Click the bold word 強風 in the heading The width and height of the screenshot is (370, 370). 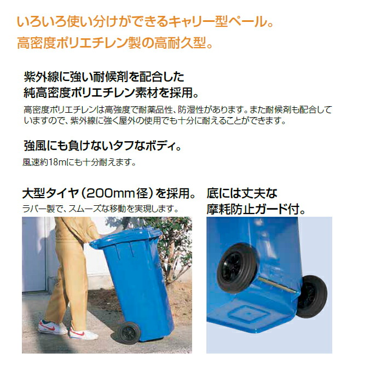[x=36, y=146]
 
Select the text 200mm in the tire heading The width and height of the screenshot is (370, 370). [x=111, y=193]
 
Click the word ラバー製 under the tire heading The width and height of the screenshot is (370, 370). [x=39, y=209]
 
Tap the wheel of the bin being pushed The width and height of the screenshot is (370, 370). [x=129, y=333]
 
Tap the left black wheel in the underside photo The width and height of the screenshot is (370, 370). [x=236, y=268]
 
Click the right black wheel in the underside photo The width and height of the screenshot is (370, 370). [x=312, y=296]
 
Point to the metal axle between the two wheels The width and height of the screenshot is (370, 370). [x=276, y=285]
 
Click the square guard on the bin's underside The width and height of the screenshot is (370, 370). [x=248, y=314]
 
